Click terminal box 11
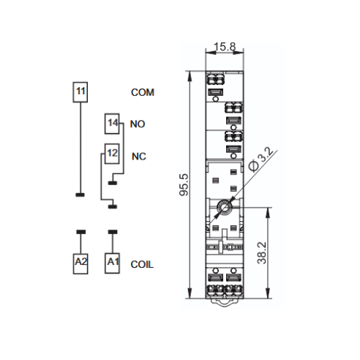pyautogui.click(x=80, y=92)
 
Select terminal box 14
pyautogui.click(x=112, y=124)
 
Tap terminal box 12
pyautogui.click(x=112, y=154)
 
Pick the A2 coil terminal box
pyautogui.click(x=80, y=263)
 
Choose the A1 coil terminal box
pyautogui.click(x=112, y=263)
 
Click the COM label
pyautogui.click(x=143, y=92)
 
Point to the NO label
pyautogui.click(x=138, y=124)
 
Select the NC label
pyautogui.click(x=139, y=157)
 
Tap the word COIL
pyautogui.click(x=142, y=265)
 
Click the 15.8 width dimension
pyautogui.click(x=225, y=47)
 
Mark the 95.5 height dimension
pyautogui.click(x=184, y=184)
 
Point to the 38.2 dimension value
pyautogui.click(x=262, y=253)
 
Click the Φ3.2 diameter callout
pyautogui.click(x=261, y=160)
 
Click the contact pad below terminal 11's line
pyautogui.click(x=80, y=195)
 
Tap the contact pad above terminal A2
pyautogui.click(x=81, y=232)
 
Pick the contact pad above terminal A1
pyautogui.click(x=113, y=232)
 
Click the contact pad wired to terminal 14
pyautogui.click(x=113, y=183)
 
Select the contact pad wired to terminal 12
pyautogui.click(x=113, y=207)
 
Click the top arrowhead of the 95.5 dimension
pyautogui.click(x=190, y=76)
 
